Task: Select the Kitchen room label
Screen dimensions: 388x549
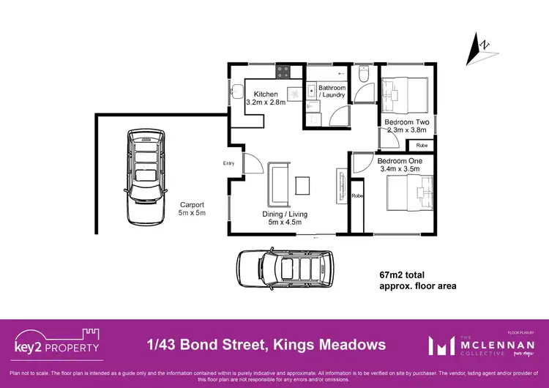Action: (x=265, y=94)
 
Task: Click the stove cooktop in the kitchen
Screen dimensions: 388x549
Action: (x=283, y=72)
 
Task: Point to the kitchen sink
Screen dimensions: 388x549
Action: (x=236, y=93)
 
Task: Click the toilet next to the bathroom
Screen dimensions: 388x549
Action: (x=364, y=75)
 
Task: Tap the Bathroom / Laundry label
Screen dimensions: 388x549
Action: (x=332, y=92)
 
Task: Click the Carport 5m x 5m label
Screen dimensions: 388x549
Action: (x=193, y=209)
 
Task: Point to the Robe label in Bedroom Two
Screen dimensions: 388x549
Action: (x=422, y=146)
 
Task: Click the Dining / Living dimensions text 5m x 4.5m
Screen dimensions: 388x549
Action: (x=285, y=223)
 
